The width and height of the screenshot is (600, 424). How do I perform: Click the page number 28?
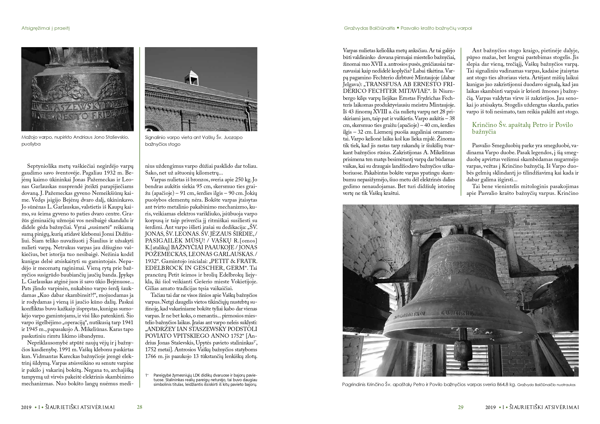tap(140, 407)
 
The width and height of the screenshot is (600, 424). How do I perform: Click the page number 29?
tap(460, 407)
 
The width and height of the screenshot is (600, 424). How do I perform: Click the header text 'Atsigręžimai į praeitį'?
tap(45, 28)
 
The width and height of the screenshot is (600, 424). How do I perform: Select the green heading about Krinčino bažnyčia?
tap(522, 128)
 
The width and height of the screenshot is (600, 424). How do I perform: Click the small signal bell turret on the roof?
tap(191, 77)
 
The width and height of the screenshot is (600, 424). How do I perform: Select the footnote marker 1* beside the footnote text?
tap(147, 375)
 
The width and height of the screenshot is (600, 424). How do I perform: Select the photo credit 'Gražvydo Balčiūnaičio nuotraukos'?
tap(546, 385)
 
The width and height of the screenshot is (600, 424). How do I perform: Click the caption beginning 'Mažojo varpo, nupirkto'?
tap(75, 140)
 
